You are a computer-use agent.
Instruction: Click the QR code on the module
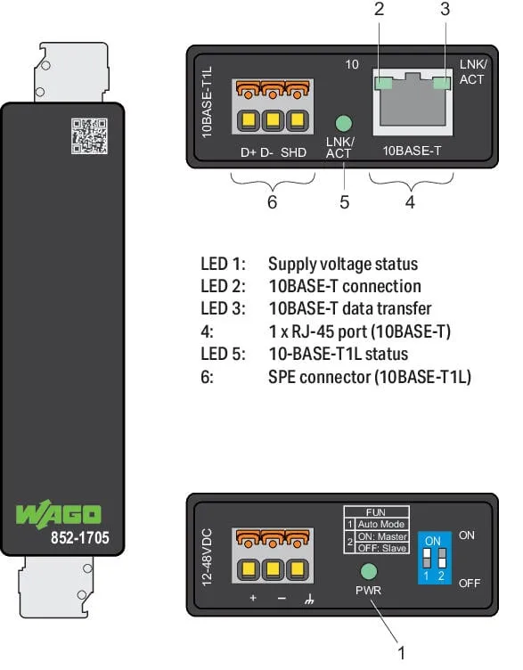(x=89, y=136)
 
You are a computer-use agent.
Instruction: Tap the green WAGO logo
(x=59, y=514)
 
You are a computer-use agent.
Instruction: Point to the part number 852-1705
(x=80, y=537)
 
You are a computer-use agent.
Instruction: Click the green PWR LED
(x=369, y=571)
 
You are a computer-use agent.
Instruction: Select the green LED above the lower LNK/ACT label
(x=344, y=124)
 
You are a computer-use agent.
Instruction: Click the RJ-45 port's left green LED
(x=383, y=84)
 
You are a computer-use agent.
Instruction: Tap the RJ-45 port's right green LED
(x=442, y=84)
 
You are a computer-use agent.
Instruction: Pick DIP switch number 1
(x=426, y=558)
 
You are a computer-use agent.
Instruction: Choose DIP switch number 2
(x=442, y=558)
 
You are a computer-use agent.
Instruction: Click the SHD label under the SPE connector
(x=293, y=152)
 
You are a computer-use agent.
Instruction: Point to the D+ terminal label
(x=249, y=152)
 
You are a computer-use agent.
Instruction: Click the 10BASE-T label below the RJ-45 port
(x=412, y=151)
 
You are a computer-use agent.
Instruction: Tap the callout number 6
(x=272, y=201)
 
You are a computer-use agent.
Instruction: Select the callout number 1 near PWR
(x=401, y=653)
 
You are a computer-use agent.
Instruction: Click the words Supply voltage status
(x=343, y=264)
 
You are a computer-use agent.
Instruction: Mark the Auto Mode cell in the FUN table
(x=381, y=524)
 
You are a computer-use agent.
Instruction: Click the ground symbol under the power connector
(x=309, y=599)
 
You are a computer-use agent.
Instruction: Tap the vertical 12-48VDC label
(x=207, y=557)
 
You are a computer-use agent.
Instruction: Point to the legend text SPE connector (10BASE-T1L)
(x=370, y=377)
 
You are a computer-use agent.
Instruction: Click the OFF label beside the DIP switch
(x=470, y=584)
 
